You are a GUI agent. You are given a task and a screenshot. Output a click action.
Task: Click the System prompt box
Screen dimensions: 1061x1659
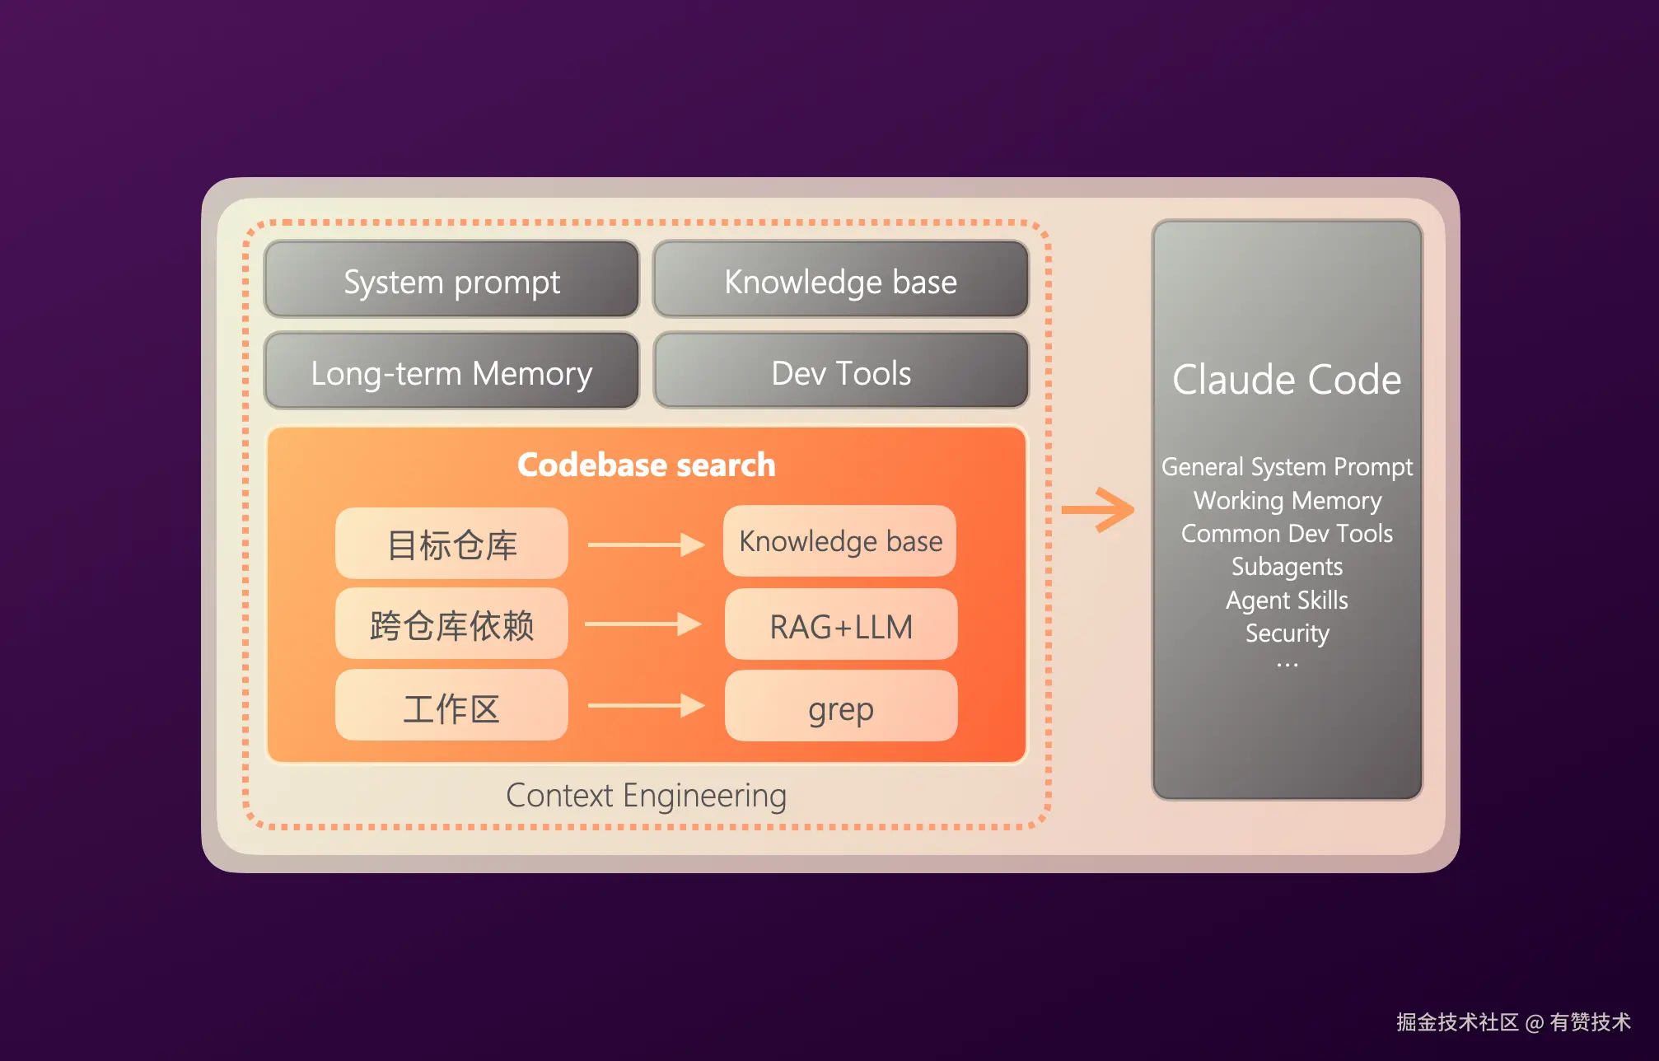[x=451, y=280]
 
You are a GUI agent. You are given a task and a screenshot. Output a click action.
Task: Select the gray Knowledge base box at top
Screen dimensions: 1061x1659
[x=840, y=280]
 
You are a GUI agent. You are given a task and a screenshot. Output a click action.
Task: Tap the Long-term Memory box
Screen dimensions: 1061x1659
[x=451, y=372]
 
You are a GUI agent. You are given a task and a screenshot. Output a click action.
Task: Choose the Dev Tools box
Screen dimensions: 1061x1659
[x=840, y=372]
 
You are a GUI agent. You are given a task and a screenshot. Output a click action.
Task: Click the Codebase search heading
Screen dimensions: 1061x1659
[x=647, y=465]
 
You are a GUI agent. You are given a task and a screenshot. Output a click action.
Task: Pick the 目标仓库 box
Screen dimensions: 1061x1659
[x=451, y=544]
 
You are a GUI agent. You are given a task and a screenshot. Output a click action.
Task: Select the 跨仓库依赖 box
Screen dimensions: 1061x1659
[x=451, y=624]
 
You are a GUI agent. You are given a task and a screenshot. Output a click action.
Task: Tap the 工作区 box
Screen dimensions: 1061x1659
[x=451, y=707]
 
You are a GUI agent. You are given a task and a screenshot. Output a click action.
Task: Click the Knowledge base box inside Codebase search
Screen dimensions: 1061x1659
[x=840, y=541]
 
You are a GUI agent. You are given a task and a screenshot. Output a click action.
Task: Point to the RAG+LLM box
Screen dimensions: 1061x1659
[x=840, y=625]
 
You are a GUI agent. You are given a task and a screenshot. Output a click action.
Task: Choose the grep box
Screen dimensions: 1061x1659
[x=840, y=707]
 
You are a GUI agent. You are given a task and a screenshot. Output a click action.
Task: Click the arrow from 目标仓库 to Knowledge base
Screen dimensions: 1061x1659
[x=646, y=545]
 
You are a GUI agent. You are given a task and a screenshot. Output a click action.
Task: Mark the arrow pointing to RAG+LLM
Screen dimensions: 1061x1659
[x=643, y=624]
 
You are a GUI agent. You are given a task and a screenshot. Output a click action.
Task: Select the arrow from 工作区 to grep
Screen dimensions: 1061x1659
[x=646, y=706]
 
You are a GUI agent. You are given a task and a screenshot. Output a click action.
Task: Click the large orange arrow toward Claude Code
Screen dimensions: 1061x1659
[x=1099, y=510]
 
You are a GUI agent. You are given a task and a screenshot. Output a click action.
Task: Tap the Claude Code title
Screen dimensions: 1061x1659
[x=1287, y=380]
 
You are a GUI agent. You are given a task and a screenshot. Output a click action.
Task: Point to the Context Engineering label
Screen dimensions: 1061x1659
[x=646, y=796]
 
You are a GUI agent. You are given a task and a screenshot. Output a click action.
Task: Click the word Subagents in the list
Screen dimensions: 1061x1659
[x=1287, y=567]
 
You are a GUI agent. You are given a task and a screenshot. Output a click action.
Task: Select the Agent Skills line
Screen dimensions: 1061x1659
[x=1287, y=600]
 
